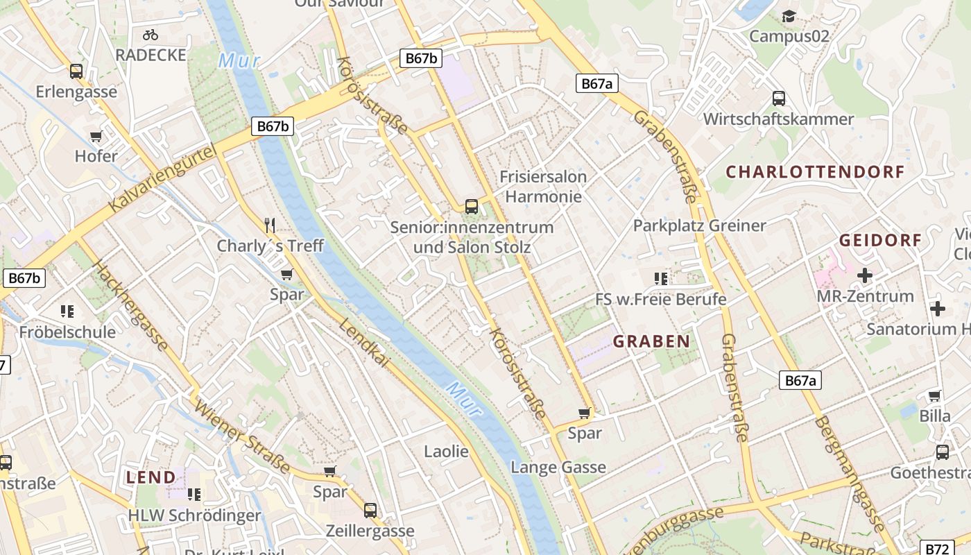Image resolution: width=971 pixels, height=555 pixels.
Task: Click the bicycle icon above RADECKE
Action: pos(151,34)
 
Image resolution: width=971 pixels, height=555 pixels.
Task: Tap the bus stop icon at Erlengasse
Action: pos(76,71)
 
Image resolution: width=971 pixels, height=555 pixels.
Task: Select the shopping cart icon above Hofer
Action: pos(96,136)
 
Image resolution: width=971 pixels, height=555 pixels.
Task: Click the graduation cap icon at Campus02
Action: pos(789,16)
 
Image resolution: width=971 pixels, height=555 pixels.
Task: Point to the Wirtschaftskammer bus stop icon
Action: pos(779,99)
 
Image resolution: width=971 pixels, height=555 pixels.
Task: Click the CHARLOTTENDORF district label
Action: pos(815,171)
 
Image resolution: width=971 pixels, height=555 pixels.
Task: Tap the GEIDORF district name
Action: pos(880,240)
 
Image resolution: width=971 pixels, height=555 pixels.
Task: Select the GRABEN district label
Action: pos(651,341)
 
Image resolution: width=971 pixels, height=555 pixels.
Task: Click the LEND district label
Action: pos(151,477)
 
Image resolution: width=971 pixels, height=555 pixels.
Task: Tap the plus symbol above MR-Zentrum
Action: pos(864,276)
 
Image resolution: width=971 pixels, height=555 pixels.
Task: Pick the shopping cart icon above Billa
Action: pos(934,396)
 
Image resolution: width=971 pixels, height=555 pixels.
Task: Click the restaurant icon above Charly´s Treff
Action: pos(270,225)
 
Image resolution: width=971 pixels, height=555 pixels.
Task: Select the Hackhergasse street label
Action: pos(130,306)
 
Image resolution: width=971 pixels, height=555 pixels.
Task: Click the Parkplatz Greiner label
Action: pos(699,225)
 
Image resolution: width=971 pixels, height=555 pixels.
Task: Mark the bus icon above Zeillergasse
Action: pos(370,511)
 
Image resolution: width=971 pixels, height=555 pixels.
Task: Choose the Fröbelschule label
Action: pos(67,332)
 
